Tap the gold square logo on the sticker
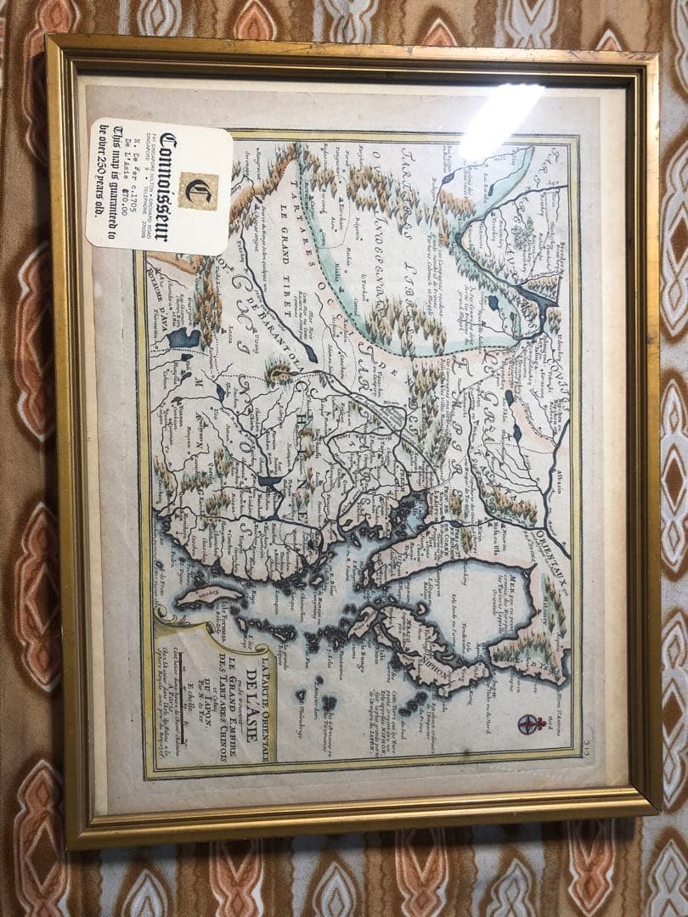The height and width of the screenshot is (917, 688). [198, 190]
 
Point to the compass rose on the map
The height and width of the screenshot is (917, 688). [530, 723]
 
